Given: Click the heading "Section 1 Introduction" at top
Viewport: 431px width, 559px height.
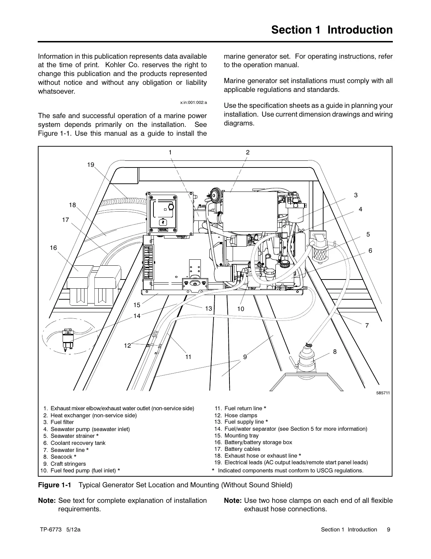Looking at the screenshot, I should pyautogui.click(x=332, y=30).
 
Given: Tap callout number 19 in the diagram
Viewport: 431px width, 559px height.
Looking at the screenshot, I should pyautogui.click(x=91, y=165).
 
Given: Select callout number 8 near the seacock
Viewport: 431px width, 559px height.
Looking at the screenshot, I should pyautogui.click(x=335, y=352).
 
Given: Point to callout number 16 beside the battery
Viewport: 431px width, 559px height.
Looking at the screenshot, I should pyautogui.click(x=53, y=248).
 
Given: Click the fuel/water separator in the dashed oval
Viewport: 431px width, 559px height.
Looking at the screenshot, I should pyautogui.click(x=68, y=340).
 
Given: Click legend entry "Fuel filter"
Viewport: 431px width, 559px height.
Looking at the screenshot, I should pyautogui.click(x=62, y=422).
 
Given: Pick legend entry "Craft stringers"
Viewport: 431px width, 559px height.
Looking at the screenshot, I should pyautogui.click(x=68, y=464).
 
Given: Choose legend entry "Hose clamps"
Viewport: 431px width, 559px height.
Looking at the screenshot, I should pyautogui.click(x=241, y=416).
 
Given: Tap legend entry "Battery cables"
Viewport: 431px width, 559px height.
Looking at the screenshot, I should pyautogui.click(x=242, y=449).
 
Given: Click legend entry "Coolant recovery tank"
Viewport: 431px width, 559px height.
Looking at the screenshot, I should pyautogui.click(x=78, y=443).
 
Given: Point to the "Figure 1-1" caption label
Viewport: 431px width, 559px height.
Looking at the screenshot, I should pyautogui.click(x=54, y=485).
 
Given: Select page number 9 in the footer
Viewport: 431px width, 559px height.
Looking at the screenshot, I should pyautogui.click(x=389, y=530).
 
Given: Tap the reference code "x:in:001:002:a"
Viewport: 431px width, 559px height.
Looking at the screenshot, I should pyautogui.click(x=193, y=102).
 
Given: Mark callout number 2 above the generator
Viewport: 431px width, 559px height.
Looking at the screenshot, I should pyautogui.click(x=247, y=152).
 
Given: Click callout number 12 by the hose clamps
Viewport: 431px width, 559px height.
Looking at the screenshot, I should pyautogui.click(x=127, y=346).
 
